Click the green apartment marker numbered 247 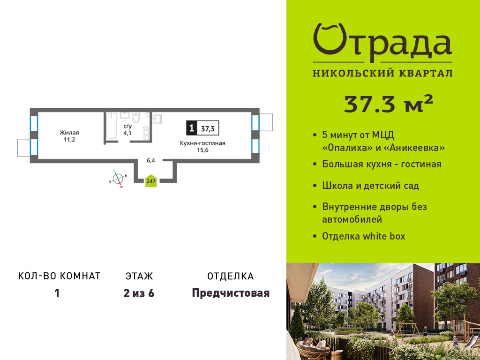click(151, 181)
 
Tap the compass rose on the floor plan click(118, 179)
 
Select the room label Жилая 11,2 click(69, 136)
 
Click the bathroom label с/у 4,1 click(127, 130)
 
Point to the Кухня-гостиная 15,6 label click(202, 147)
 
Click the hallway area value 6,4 click(151, 160)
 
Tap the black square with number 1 click(192, 128)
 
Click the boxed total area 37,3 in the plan click(208, 128)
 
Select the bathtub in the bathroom click(111, 126)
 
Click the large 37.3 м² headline click(389, 104)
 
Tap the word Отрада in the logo click(382, 42)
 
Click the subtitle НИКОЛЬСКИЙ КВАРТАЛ click(382, 73)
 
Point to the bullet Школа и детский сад click(370, 186)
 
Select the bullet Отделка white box click(364, 236)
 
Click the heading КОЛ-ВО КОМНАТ click(60, 276)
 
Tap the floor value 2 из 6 click(139, 293)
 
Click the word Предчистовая click(231, 293)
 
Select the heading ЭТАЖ click(139, 276)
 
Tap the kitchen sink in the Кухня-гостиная click(157, 119)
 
